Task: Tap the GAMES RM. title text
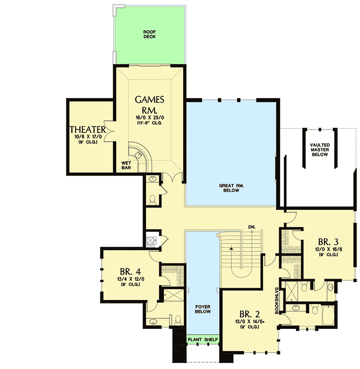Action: click(149, 104)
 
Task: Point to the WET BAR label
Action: click(126, 165)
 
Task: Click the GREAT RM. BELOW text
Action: click(229, 188)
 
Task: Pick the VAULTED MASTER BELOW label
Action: click(319, 150)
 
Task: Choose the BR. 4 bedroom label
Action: click(130, 272)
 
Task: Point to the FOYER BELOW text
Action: click(203, 308)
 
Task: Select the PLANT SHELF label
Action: click(203, 340)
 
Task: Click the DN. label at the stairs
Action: click(252, 228)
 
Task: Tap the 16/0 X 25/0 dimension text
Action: click(149, 117)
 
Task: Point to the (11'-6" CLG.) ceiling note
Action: click(149, 123)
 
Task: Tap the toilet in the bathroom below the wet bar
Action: click(153, 199)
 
